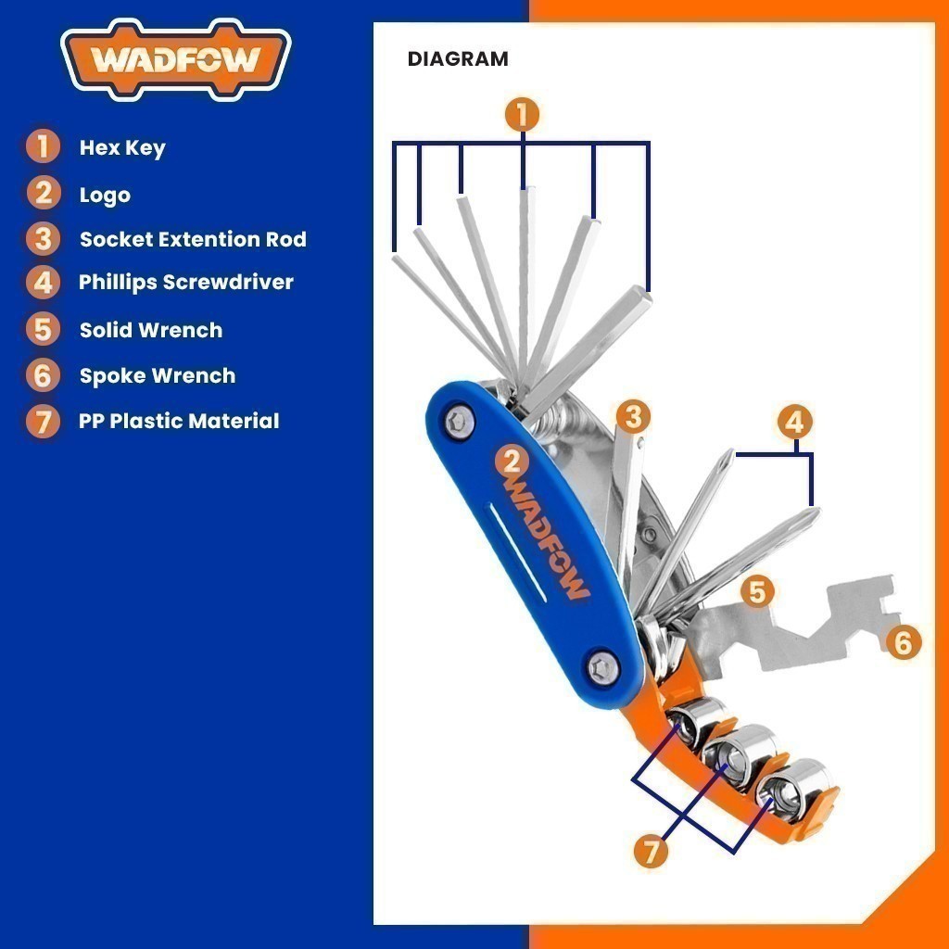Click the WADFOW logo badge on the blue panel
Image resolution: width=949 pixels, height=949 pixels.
[x=175, y=58]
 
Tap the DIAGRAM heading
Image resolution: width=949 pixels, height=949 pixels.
[x=458, y=59]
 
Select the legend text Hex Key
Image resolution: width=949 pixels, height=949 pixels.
[x=122, y=148]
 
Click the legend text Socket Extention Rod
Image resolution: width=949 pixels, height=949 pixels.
[x=193, y=239]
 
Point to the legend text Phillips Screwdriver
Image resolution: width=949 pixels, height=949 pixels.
[x=185, y=282]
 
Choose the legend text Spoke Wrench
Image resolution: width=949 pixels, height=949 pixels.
[x=158, y=376]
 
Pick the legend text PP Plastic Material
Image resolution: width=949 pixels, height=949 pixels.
[x=179, y=421]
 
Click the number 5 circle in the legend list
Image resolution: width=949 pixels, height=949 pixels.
[x=43, y=329]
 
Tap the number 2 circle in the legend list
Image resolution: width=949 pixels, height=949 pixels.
[x=43, y=193]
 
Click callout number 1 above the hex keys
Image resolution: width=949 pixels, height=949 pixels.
[x=523, y=114]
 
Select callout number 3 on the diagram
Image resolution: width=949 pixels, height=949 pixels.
[x=633, y=416]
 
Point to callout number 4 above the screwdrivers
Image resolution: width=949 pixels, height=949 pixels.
[x=794, y=422]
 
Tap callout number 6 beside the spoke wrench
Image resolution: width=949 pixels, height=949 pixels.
[x=903, y=642]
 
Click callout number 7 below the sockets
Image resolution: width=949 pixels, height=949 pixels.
[x=651, y=851]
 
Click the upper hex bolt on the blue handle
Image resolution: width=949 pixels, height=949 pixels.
[x=460, y=422]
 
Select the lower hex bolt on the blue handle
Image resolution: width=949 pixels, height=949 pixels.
[x=602, y=669]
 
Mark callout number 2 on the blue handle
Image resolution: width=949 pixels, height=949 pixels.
[x=512, y=462]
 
